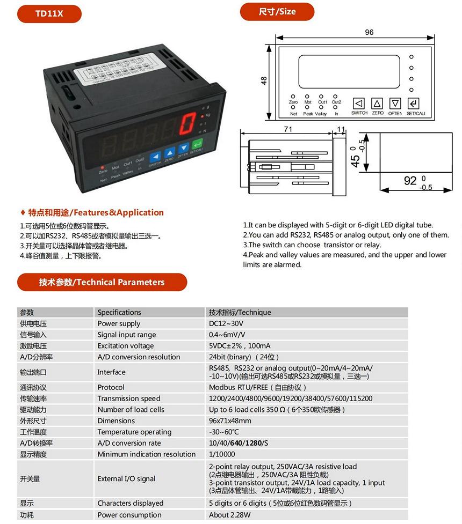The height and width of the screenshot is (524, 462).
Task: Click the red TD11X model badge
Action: [49, 14]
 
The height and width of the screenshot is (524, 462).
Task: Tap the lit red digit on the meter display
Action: [186, 124]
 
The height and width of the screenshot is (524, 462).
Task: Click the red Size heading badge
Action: [277, 12]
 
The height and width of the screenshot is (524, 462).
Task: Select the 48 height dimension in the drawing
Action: [264, 80]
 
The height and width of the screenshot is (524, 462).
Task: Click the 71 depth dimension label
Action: [288, 129]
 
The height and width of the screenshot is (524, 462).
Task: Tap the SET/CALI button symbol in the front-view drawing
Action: [414, 103]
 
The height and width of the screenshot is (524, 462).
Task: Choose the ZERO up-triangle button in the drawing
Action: [378, 103]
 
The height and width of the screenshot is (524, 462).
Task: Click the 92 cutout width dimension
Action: [410, 180]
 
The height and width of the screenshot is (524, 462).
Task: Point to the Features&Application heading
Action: [96, 212]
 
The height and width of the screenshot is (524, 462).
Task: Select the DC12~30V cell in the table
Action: [226, 323]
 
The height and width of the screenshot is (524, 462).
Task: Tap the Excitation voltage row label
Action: [125, 346]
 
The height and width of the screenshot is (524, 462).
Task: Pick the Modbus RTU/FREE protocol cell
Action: [257, 387]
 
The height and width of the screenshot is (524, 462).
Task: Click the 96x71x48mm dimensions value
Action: [230, 420]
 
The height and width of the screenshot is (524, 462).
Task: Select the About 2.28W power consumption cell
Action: [229, 515]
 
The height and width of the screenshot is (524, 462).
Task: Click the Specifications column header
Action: [119, 312]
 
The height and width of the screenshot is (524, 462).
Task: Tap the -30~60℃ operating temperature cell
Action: [224, 432]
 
